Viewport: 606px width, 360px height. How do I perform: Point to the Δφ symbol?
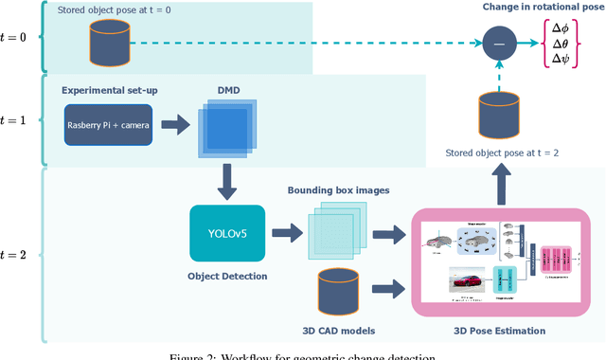(561, 28)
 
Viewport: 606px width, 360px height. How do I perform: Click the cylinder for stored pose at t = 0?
(108, 43)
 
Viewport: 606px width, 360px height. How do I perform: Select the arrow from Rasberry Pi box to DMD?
(173, 125)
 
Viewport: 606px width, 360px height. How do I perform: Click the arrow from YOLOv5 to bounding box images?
(279, 233)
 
